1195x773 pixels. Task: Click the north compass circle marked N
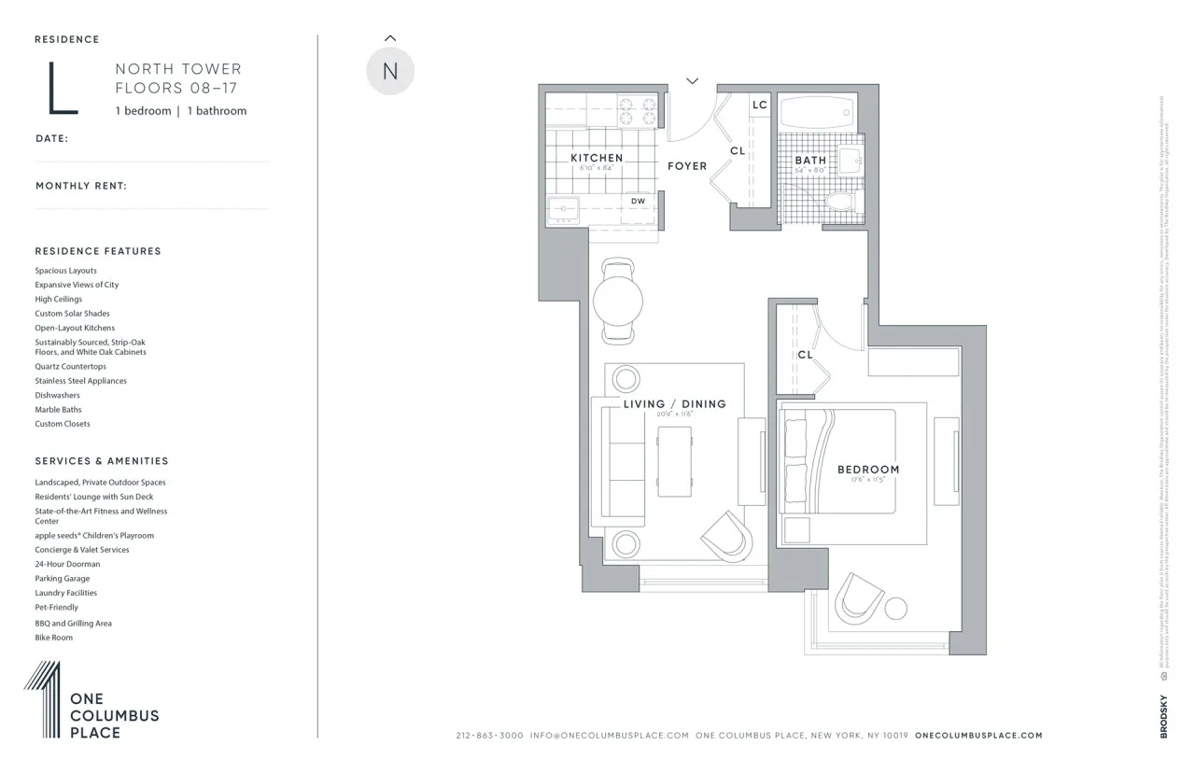point(389,71)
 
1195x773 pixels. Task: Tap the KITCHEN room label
point(597,158)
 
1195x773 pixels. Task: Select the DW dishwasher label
point(639,201)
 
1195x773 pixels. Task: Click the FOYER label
point(687,166)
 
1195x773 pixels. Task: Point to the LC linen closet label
point(760,105)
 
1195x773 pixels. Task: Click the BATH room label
point(810,161)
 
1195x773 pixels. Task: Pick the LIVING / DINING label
point(674,404)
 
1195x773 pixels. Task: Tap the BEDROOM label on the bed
point(868,470)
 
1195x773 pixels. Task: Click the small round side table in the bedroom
point(895,609)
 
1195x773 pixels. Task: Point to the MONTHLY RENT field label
point(81,186)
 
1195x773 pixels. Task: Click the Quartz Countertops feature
point(71,367)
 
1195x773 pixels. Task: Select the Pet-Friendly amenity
point(57,607)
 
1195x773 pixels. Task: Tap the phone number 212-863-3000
point(490,736)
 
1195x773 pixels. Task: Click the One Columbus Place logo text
point(115,716)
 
